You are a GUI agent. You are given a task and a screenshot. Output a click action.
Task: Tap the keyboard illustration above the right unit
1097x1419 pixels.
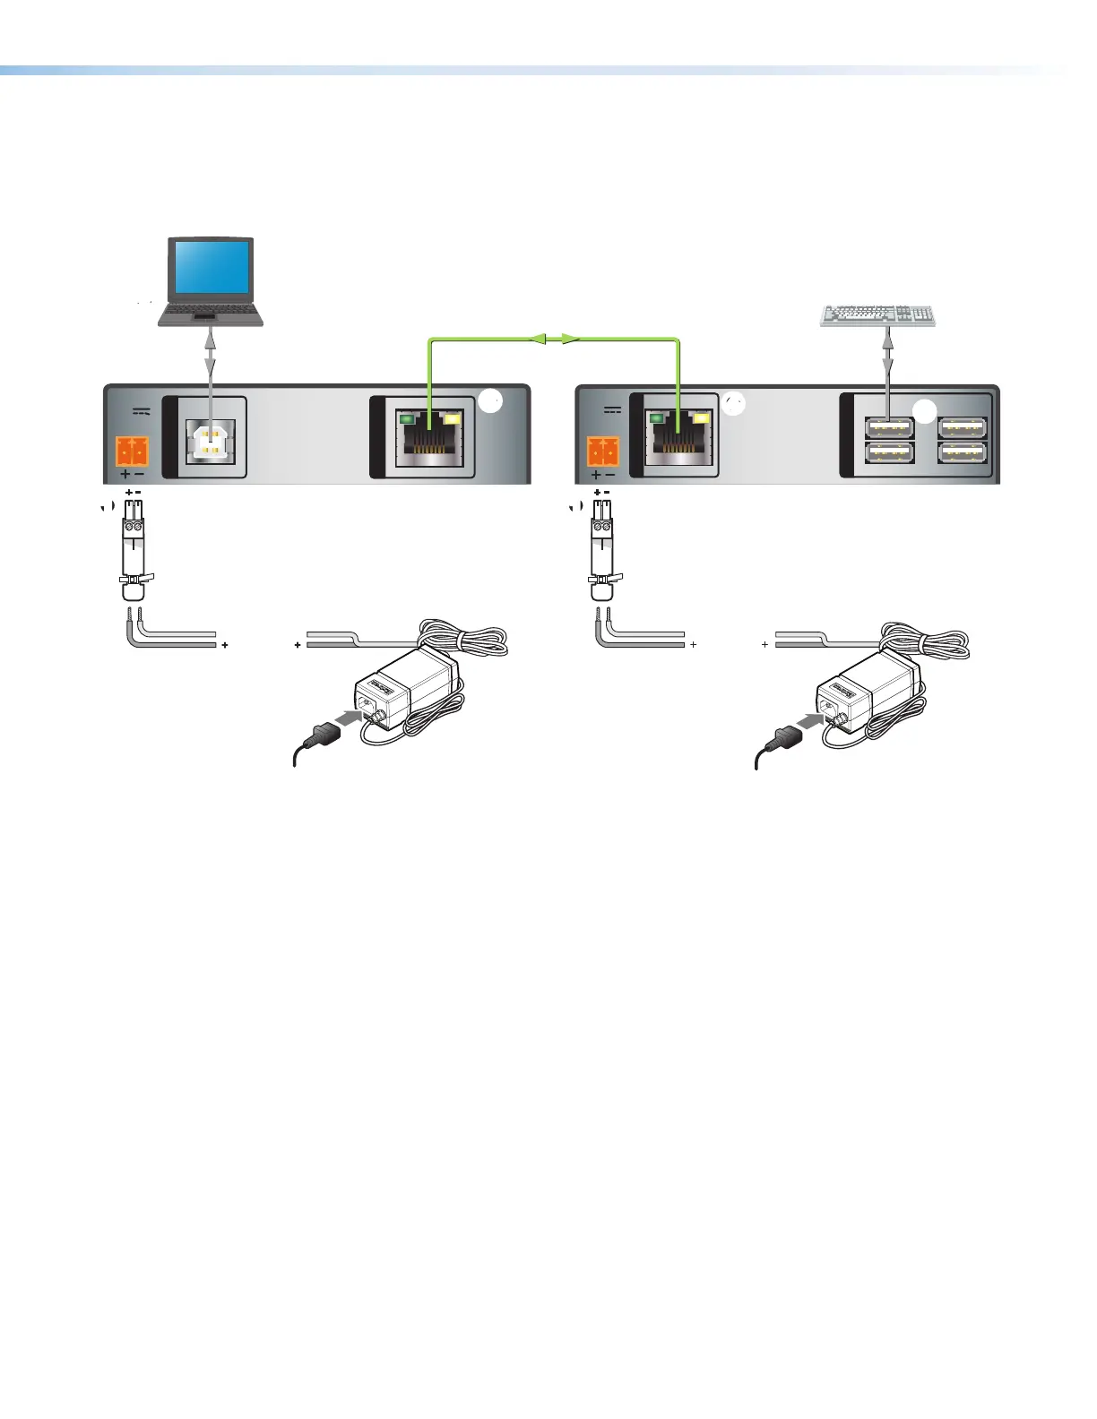click(x=878, y=315)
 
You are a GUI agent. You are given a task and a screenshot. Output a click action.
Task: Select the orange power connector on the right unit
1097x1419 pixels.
click(x=602, y=451)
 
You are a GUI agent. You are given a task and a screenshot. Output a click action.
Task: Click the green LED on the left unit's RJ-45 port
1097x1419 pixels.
click(x=407, y=417)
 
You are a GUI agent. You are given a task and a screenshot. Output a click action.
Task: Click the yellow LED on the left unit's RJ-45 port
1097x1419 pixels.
click(x=453, y=417)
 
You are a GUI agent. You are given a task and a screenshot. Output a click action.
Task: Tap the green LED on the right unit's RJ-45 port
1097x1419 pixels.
click(x=657, y=417)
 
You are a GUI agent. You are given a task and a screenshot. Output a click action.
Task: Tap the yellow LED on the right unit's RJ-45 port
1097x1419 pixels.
click(x=702, y=417)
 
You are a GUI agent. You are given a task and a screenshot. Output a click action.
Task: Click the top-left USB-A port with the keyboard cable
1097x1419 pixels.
click(x=889, y=427)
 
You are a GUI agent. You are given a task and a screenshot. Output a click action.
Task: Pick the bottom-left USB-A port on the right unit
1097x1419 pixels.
click(x=889, y=453)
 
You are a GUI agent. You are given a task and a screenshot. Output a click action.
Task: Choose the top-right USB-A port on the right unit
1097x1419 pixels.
click(x=963, y=427)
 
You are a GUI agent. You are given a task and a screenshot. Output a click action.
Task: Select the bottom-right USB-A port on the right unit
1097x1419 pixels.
click(x=963, y=453)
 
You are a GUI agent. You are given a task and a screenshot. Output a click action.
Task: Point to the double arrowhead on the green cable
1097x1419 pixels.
click(x=554, y=340)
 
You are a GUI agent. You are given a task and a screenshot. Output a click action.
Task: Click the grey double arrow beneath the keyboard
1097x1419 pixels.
click(x=887, y=349)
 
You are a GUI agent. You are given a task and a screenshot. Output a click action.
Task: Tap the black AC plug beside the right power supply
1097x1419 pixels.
click(x=782, y=737)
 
